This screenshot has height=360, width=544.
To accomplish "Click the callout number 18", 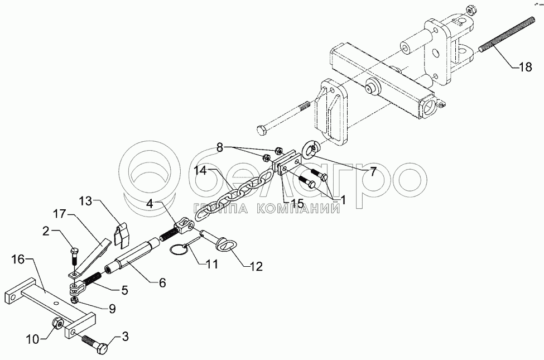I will [x=525, y=67].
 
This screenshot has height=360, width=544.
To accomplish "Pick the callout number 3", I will [x=125, y=337].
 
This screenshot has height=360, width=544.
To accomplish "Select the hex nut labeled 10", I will [x=56, y=323].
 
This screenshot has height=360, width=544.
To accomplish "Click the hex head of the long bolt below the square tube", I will [x=261, y=132].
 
